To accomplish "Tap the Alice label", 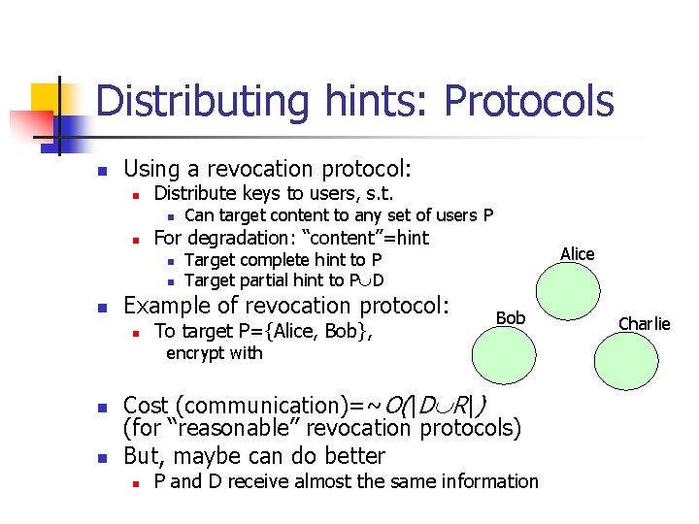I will click(x=578, y=254).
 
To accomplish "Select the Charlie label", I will click(x=645, y=324).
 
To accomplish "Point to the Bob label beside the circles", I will click(x=511, y=318).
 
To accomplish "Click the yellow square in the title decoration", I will click(x=48, y=99).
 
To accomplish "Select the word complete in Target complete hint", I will click(x=270, y=259).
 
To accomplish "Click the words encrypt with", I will click(x=215, y=353).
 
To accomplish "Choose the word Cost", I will click(x=145, y=405).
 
